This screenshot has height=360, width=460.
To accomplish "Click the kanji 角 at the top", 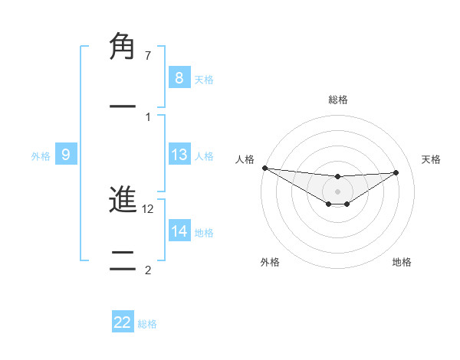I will (x=123, y=47).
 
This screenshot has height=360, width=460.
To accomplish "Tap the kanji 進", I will (x=123, y=201).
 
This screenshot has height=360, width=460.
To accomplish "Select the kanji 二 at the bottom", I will (x=123, y=262).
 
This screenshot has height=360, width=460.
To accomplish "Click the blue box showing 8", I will (x=179, y=78).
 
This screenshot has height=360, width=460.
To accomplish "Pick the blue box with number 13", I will (x=179, y=155).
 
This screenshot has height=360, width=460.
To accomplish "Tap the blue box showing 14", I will (x=179, y=231).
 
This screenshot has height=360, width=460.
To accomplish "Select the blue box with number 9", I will (x=66, y=155).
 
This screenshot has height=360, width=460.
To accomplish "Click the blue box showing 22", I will (x=123, y=322).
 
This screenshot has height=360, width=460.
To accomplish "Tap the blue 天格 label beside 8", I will (x=204, y=79).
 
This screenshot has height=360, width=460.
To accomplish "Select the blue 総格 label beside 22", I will (x=147, y=323).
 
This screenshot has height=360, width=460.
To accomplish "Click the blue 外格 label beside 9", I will (x=41, y=156).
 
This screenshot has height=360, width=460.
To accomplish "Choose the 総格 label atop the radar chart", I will (x=337, y=100).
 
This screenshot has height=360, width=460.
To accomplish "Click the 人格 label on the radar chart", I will (x=245, y=159).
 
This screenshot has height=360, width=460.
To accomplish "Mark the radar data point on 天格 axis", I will (x=396, y=172).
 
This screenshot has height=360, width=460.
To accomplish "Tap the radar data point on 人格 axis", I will (x=264, y=168).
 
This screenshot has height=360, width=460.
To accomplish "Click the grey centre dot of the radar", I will (x=337, y=191).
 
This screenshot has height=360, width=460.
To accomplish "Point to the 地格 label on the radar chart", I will (x=402, y=262).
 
